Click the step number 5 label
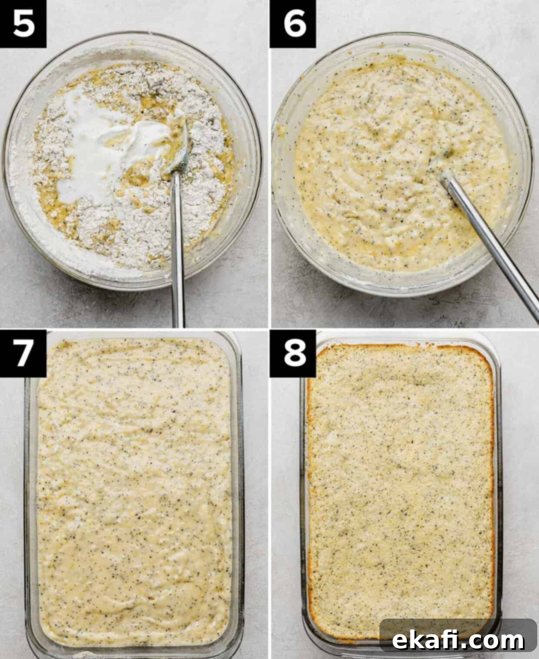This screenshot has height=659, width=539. pyautogui.click(x=23, y=24)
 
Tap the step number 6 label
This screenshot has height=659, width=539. pyautogui.click(x=293, y=24)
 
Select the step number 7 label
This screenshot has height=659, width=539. pyautogui.click(x=23, y=353)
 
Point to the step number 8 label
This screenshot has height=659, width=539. pyautogui.click(x=293, y=353)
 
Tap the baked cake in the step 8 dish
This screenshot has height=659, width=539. pyautogui.click(x=402, y=487)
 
